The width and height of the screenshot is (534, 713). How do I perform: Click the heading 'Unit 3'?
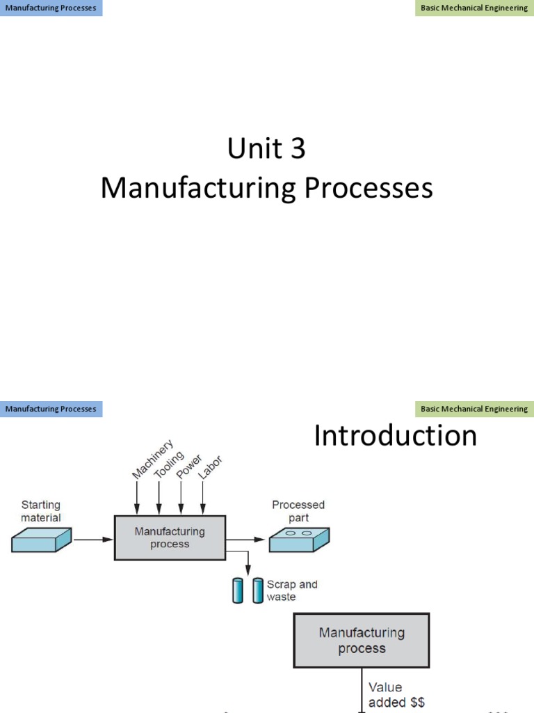[266, 148]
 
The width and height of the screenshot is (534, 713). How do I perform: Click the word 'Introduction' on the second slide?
[395, 437]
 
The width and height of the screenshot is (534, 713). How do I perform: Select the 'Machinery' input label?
[153, 459]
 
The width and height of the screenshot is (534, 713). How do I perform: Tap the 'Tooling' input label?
[169, 465]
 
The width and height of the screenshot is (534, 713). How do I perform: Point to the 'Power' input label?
[189, 468]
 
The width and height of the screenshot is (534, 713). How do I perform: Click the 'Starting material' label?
[41, 511]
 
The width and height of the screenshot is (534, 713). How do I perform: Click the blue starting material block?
[42, 540]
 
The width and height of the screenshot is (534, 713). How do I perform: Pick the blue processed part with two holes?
[300, 540]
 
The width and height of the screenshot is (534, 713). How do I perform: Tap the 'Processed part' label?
[298, 511]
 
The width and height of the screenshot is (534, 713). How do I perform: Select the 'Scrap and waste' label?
[292, 590]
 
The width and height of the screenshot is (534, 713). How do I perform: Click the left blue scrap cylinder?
[236, 590]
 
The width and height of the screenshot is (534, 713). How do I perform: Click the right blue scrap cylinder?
[258, 590]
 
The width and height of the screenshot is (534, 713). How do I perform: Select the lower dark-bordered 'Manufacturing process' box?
[362, 641]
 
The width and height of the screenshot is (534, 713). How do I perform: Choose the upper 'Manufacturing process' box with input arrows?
[170, 538]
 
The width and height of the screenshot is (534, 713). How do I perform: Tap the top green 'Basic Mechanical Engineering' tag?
[474, 8]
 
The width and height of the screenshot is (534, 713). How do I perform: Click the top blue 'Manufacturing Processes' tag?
[51, 8]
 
